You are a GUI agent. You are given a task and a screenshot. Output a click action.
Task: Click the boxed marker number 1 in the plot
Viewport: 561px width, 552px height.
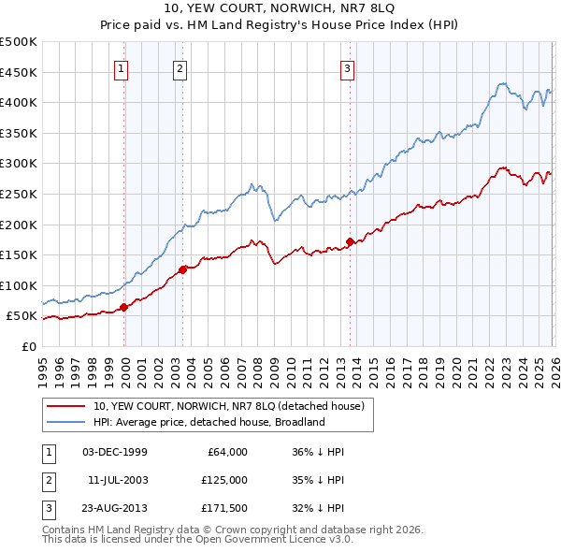(122, 67)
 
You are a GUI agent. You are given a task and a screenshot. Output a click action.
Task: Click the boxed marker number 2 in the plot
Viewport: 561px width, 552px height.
(180, 67)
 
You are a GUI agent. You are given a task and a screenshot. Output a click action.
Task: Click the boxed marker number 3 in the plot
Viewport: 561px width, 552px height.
(347, 67)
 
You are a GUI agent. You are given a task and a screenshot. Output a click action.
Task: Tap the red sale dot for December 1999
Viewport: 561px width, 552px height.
(123, 307)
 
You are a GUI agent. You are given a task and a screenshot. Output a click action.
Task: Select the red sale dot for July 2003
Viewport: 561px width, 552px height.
(182, 269)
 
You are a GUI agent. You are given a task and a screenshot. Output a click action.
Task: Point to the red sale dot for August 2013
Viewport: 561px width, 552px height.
(350, 241)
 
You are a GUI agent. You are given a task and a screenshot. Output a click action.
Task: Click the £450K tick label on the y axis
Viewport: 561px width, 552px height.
(19, 72)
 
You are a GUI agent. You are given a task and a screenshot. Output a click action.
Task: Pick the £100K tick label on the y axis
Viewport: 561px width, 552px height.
(19, 285)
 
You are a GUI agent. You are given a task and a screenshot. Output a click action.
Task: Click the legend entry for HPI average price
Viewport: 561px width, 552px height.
(208, 422)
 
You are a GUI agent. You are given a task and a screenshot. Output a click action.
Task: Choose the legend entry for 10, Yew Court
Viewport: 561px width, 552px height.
(234, 405)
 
